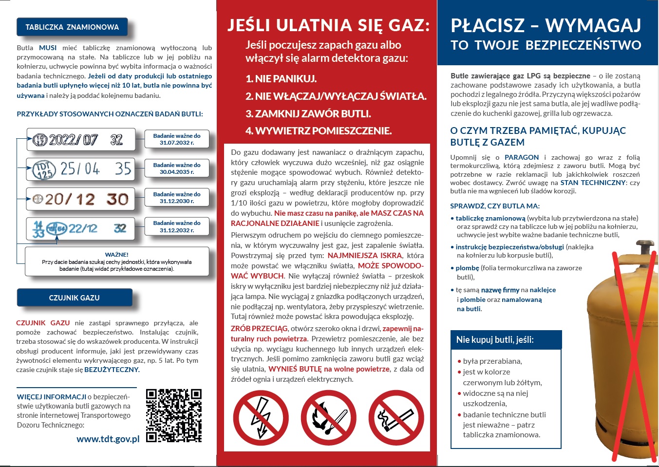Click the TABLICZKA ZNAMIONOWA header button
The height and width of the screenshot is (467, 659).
coord(72,27)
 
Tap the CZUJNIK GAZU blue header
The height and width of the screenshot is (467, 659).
coord(75,298)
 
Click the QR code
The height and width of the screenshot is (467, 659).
coord(174,415)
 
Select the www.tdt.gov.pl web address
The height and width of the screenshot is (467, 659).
coord(108,439)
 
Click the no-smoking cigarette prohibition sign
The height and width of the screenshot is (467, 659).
coord(396,418)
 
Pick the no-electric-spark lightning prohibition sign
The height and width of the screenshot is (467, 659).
coord(261,418)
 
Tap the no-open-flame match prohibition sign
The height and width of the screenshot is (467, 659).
coord(328,418)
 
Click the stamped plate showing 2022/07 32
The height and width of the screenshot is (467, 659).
coord(81,140)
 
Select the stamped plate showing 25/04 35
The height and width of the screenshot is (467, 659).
coord(81,169)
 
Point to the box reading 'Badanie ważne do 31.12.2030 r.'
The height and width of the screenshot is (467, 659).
coord(177,198)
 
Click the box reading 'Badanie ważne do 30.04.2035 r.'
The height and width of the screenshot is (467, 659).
coord(177,168)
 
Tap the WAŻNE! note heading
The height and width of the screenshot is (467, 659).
coord(117,255)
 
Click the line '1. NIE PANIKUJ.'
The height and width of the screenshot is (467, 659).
coord(281,79)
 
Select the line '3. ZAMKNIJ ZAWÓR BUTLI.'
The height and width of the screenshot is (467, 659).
coord(308,114)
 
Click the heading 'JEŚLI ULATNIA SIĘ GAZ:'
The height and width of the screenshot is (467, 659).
coord(329,25)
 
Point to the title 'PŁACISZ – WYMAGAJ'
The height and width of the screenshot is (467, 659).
coord(546,25)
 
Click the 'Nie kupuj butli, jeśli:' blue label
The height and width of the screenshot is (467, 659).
coord(495,340)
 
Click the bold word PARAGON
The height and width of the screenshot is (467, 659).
coord(522,157)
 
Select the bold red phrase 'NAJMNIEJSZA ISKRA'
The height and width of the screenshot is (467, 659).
coord(365,256)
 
